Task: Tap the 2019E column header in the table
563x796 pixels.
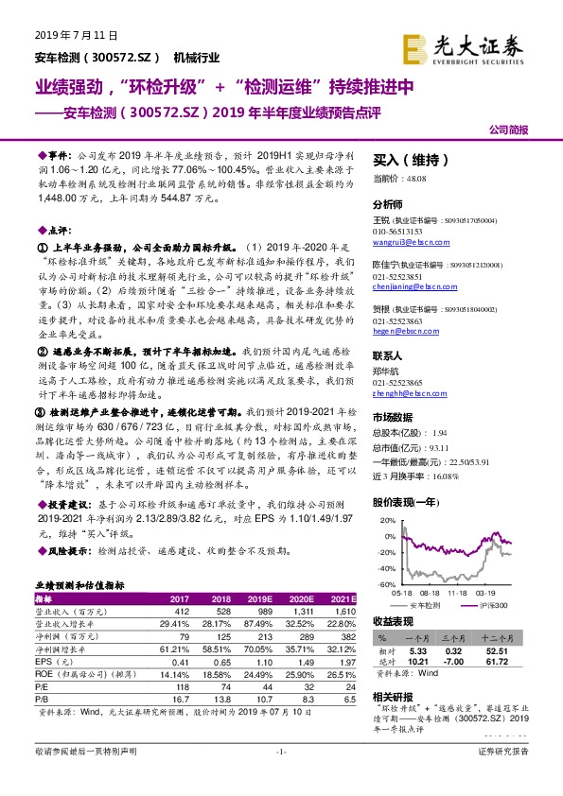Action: [258, 599]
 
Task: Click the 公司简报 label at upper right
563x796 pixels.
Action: [507, 130]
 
